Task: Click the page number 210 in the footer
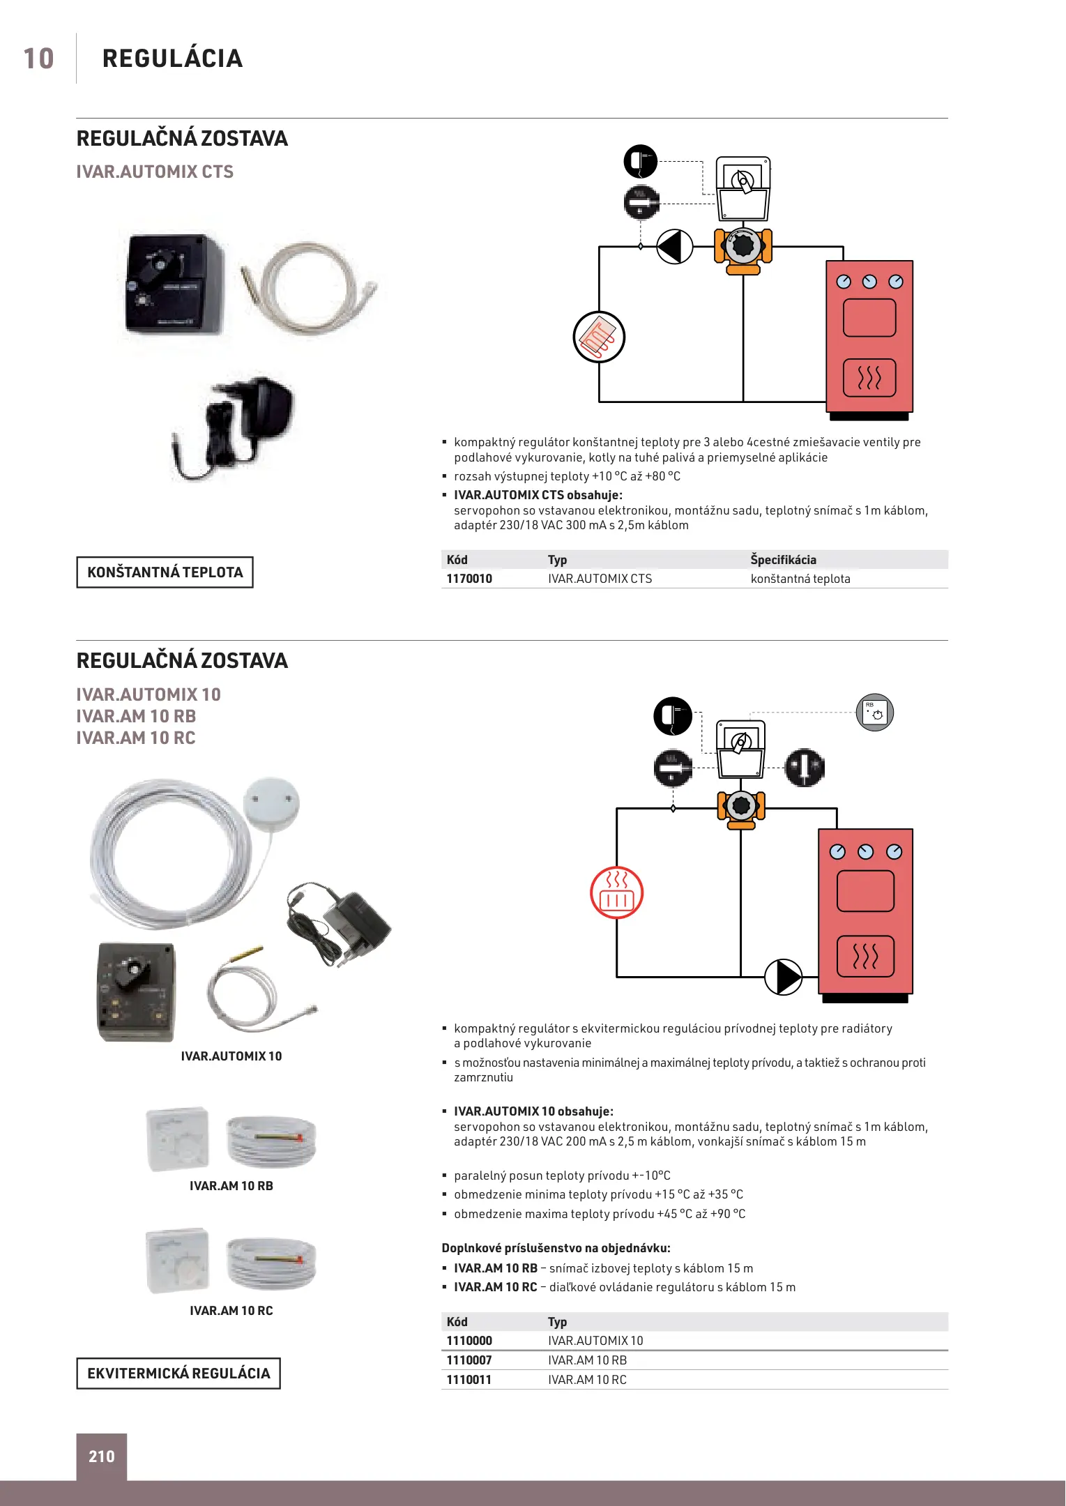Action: (102, 1456)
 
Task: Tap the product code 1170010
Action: (469, 579)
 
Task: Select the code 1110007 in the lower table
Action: (469, 1360)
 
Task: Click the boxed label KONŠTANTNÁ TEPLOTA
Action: (165, 572)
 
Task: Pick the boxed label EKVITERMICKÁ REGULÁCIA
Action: (178, 1374)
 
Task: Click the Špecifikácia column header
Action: (783, 560)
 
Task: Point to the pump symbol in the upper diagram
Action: (674, 247)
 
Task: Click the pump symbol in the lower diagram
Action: (784, 977)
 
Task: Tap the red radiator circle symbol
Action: (616, 893)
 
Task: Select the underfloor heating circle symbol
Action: (599, 337)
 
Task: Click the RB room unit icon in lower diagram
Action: (874, 713)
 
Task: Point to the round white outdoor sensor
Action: (271, 805)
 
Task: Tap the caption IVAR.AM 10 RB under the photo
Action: (231, 1186)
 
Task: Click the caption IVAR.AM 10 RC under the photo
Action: (231, 1311)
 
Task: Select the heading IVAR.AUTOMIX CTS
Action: (155, 172)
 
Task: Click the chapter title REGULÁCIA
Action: (172, 59)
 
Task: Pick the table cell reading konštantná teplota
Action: (800, 579)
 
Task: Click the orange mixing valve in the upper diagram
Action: (743, 248)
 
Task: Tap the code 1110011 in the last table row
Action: (469, 1380)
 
